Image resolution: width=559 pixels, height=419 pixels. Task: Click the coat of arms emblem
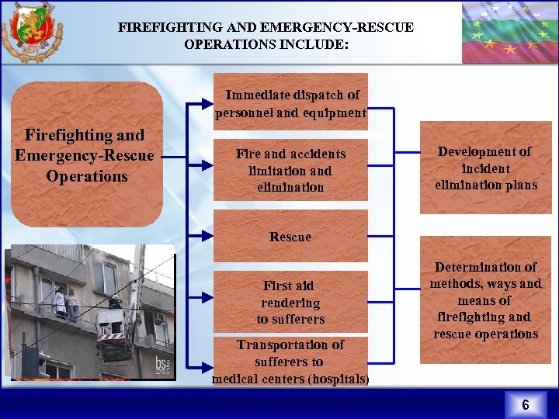[32, 32]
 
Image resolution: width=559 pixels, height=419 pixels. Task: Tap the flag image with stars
[509, 31]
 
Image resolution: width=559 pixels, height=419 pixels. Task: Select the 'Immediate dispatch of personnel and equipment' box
[291, 103]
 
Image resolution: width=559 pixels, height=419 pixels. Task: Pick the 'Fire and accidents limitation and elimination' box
[291, 170]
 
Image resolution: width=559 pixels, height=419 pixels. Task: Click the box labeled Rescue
[290, 237]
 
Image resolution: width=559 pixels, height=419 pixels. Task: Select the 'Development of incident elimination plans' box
[485, 168]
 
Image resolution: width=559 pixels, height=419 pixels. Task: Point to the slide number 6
[526, 405]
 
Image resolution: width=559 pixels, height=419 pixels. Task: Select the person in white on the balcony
[60, 300]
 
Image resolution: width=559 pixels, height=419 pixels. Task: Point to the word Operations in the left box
[87, 176]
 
